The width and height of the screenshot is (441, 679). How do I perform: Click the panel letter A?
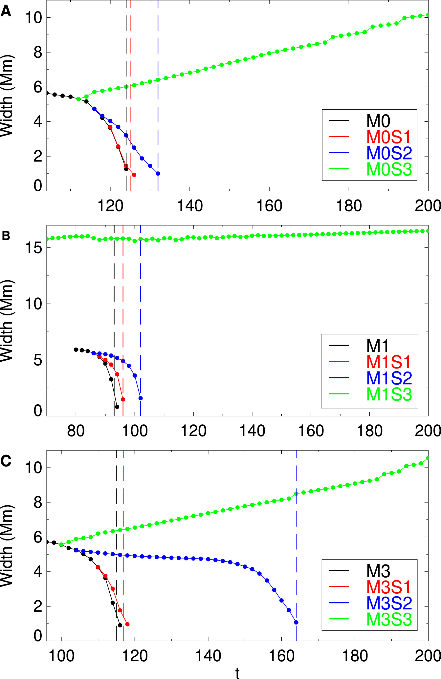pyautogui.click(x=6, y=12)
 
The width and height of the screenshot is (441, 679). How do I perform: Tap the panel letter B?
pyautogui.click(x=6, y=236)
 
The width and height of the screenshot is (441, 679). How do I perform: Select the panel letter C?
pyautogui.click(x=6, y=461)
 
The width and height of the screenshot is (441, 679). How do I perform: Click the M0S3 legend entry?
pyautogui.click(x=389, y=170)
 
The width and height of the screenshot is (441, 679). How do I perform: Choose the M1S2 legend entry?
pyautogui.click(x=389, y=378)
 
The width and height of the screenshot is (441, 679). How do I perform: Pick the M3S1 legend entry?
pyautogui.click(x=389, y=587)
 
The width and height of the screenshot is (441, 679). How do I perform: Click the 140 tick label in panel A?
pyautogui.click(x=190, y=206)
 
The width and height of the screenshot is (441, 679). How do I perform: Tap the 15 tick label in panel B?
pyautogui.click(x=34, y=248)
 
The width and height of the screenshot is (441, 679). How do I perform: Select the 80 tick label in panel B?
pyautogui.click(x=76, y=431)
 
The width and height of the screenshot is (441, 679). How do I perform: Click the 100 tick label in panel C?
pyautogui.click(x=61, y=656)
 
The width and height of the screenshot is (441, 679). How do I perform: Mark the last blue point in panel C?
pyautogui.click(x=296, y=622)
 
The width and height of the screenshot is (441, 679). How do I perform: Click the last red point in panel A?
pyautogui.click(x=134, y=175)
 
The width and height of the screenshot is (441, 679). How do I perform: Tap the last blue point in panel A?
pyautogui.click(x=158, y=174)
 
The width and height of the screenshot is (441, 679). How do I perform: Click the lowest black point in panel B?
pyautogui.click(x=117, y=407)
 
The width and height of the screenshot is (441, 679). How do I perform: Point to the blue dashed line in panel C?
pyautogui.click(x=296, y=525)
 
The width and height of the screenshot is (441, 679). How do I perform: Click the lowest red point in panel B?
pyautogui.click(x=123, y=399)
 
